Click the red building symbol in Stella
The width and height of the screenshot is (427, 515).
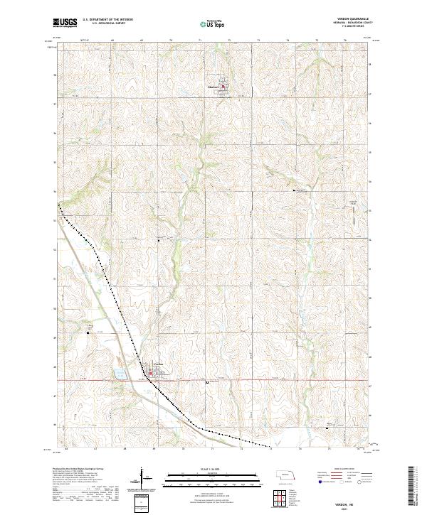tap(223, 88)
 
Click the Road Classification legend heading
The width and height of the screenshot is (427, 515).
tap(339, 470)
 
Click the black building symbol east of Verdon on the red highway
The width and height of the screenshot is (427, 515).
tap(207, 383)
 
